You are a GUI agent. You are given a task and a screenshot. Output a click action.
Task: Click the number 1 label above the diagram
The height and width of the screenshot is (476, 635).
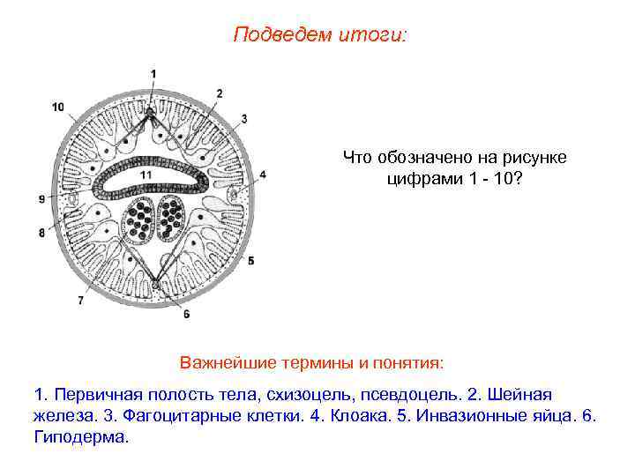[x=153, y=73]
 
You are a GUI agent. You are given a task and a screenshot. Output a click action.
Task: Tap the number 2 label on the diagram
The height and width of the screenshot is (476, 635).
[x=219, y=93]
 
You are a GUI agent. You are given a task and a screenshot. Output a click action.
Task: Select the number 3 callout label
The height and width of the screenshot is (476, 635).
[x=243, y=118]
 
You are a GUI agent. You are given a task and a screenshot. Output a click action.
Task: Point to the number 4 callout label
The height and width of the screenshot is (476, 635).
[x=263, y=175]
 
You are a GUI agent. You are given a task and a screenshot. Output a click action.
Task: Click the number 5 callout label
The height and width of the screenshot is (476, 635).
[x=250, y=260]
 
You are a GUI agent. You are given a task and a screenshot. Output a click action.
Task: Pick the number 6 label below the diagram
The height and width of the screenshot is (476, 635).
[x=186, y=313]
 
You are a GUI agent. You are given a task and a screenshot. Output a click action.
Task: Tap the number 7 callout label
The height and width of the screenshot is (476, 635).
[x=81, y=300]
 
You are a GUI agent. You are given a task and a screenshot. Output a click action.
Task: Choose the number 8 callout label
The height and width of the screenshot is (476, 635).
[x=41, y=233]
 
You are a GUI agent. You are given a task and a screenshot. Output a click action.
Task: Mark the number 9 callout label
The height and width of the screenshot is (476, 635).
[x=41, y=200]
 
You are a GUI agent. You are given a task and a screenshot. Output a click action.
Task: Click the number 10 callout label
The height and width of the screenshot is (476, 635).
[x=57, y=108]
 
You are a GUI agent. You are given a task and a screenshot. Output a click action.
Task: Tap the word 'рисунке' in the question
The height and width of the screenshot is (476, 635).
[x=540, y=157]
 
